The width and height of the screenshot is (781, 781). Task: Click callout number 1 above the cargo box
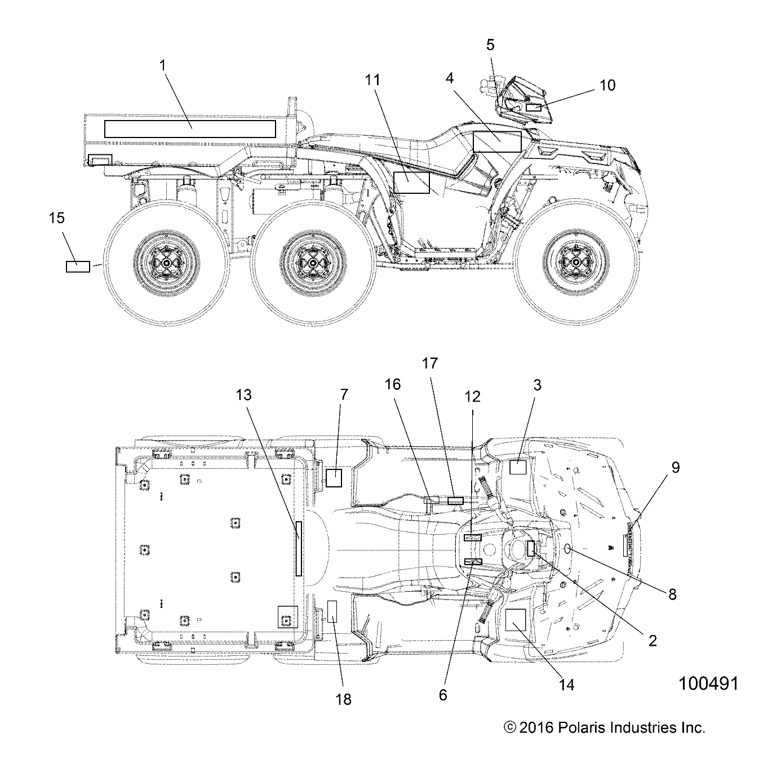point(163,65)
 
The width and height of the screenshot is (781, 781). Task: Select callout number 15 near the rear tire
point(57,218)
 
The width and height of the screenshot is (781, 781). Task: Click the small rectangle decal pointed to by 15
point(78,267)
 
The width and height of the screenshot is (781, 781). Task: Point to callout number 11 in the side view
point(372,80)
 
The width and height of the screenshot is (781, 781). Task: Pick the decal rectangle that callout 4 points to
point(498,141)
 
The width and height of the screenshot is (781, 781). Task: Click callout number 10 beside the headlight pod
point(607,85)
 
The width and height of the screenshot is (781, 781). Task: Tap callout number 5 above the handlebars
point(490,44)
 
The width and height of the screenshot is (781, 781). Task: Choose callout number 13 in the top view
point(243,396)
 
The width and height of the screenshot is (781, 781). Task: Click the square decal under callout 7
point(334,478)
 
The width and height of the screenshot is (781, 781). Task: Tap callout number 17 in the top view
point(430,363)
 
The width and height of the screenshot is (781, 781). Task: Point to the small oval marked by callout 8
point(568,549)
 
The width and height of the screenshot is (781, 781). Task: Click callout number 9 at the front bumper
point(675,467)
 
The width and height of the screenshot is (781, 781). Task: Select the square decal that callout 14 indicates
point(516,619)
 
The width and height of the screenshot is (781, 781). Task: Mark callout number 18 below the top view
point(343,699)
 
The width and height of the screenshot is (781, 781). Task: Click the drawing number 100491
point(708,684)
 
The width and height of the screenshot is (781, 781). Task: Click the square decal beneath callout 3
point(518,467)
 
